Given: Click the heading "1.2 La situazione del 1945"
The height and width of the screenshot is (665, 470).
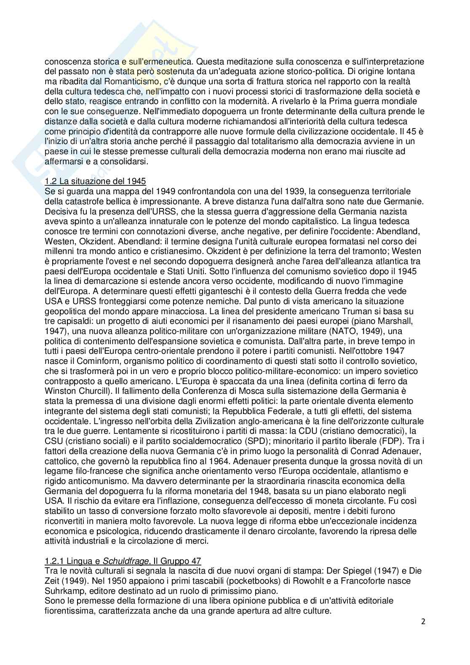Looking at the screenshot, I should [x=95, y=182].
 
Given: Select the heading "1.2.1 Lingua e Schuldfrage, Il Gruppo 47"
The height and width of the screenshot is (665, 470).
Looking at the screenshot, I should [x=123, y=561].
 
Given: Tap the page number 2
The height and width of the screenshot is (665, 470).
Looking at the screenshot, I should [x=423, y=621].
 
